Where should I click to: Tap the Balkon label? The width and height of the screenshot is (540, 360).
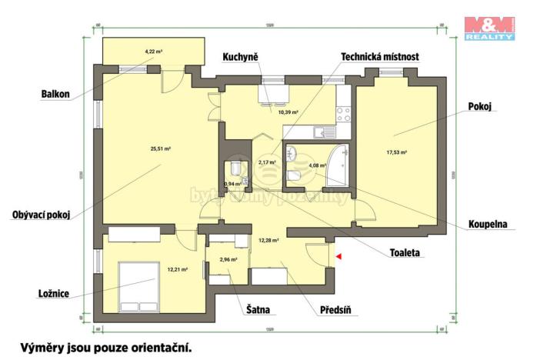point(55,95)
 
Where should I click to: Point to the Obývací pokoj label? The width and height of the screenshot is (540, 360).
point(42,215)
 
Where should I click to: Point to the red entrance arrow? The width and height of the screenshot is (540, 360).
point(337,256)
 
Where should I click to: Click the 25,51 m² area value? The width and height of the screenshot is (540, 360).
point(161,148)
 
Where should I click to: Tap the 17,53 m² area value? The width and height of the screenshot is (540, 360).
point(396,152)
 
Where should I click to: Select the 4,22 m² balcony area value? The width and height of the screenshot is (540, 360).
point(154,52)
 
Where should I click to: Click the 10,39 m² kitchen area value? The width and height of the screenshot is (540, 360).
point(288,112)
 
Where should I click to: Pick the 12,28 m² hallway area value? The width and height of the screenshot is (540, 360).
point(268,240)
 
